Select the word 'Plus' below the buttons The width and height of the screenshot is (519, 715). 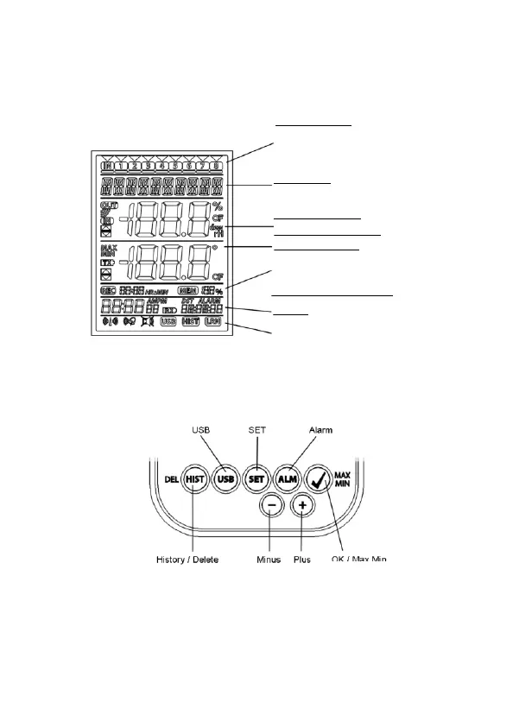(302, 559)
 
